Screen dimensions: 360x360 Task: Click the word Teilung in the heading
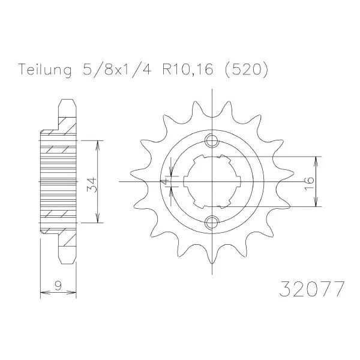(x=45, y=70)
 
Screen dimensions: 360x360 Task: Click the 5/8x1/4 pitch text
(x=117, y=69)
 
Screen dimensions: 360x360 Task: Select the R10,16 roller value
(x=188, y=70)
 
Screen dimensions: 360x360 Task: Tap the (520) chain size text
(x=247, y=70)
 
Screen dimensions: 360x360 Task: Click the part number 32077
(x=312, y=289)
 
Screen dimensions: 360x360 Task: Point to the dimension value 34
(x=92, y=184)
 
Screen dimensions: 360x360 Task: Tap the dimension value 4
(x=165, y=182)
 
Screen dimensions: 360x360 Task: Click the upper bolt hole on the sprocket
(x=212, y=140)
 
